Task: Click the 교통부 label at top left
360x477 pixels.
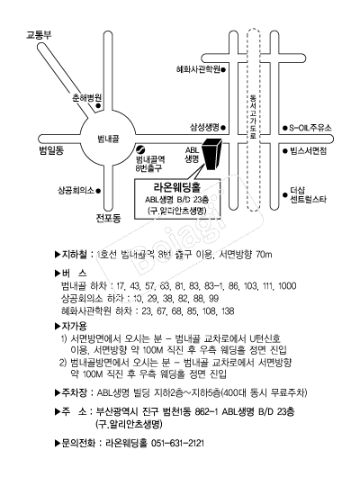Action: pyautogui.click(x=39, y=35)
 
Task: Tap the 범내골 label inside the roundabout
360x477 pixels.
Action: pyautogui.click(x=108, y=139)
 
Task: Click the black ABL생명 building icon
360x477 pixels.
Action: pyautogui.click(x=211, y=154)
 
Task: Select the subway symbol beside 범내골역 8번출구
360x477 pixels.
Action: pyautogui.click(x=141, y=149)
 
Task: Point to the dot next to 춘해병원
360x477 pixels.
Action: pyautogui.click(x=98, y=106)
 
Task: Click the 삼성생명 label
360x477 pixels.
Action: pyautogui.click(x=205, y=128)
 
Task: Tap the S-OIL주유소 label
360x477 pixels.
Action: pyautogui.click(x=310, y=128)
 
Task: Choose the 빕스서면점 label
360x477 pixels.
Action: pyautogui.click(x=309, y=151)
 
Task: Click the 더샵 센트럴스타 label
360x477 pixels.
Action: pyautogui.click(x=308, y=195)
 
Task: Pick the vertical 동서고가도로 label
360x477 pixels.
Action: pyautogui.click(x=253, y=116)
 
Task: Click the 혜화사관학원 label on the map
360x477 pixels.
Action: pyautogui.click(x=198, y=69)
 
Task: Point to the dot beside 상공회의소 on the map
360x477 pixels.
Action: pyautogui.click(x=98, y=191)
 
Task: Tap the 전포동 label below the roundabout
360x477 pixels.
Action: pyautogui.click(x=108, y=218)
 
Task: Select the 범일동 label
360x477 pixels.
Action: pyautogui.click(x=51, y=150)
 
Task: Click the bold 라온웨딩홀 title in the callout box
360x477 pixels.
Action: pyautogui.click(x=177, y=188)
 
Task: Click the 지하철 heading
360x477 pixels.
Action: pyautogui.click(x=75, y=255)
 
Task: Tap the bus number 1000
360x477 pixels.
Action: pyautogui.click(x=287, y=286)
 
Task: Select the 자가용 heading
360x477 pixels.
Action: pyautogui.click(x=75, y=326)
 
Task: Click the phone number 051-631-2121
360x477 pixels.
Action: pyautogui.click(x=177, y=443)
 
